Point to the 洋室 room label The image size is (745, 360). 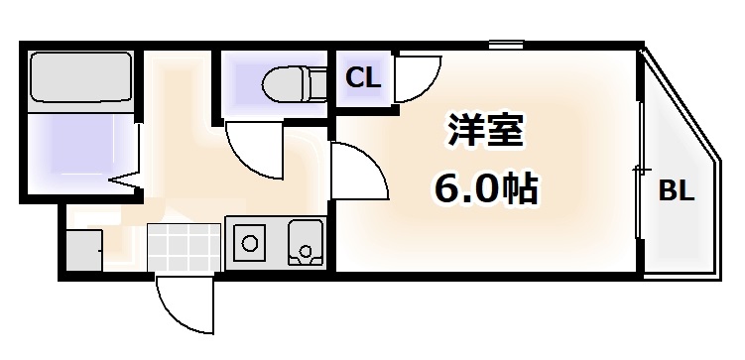[x=486, y=133]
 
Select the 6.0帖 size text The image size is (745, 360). [x=485, y=187]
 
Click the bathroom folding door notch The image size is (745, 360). [x=125, y=182]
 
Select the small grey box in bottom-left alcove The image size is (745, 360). [x=85, y=247]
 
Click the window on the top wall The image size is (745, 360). [x=506, y=45]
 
